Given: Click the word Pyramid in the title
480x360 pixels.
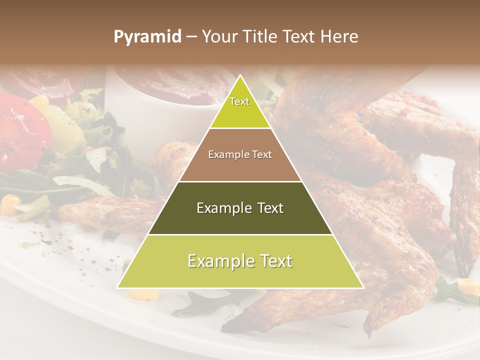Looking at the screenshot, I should point(147,37).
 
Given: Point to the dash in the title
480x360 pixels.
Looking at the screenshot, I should point(191,37).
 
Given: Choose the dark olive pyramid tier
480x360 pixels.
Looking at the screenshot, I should point(240,208).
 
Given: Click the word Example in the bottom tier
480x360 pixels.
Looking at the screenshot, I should point(218,261).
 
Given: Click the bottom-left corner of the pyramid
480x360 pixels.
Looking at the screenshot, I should point(118,287).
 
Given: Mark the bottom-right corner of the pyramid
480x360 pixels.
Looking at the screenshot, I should point(362,287).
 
